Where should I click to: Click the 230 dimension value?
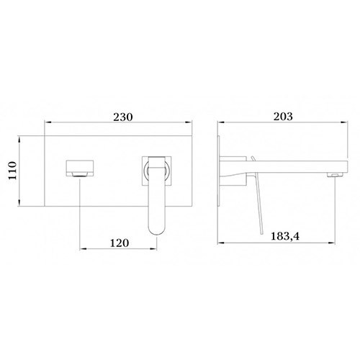tap(123, 117)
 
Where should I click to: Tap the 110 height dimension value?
tap(12, 171)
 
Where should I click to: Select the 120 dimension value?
tap(120, 243)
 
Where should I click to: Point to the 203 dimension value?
tap(283, 117)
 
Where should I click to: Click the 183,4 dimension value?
tap(285, 236)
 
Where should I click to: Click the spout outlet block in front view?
tap(80, 168)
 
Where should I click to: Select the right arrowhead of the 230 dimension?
tap(189, 122)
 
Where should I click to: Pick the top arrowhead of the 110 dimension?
tap(19, 139)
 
